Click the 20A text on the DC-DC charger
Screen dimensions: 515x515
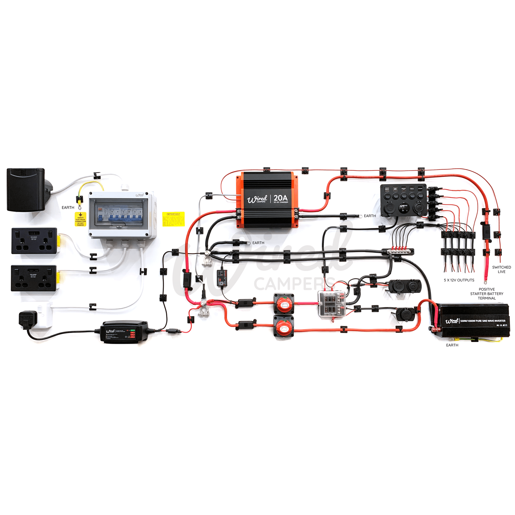pos(280,198)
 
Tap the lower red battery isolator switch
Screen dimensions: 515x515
pos(284,327)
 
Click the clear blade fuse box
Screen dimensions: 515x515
pos(332,304)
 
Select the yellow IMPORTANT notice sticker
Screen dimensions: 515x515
pos(173,219)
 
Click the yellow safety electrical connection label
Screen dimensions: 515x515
pos(80,219)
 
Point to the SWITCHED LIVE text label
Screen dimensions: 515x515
pos(501,270)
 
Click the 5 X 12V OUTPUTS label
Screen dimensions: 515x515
pos(459,280)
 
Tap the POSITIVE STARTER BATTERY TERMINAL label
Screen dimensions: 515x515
pos(487,294)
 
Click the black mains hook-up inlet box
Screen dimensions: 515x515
pos(27,190)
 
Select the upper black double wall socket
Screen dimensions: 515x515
pos(34,241)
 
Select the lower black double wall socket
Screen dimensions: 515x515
pos(34,278)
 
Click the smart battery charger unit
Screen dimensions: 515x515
pos(124,332)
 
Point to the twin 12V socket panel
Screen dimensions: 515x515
pos(404,286)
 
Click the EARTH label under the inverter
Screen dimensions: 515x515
pos(452,345)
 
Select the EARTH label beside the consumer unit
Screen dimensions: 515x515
pos(68,207)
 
